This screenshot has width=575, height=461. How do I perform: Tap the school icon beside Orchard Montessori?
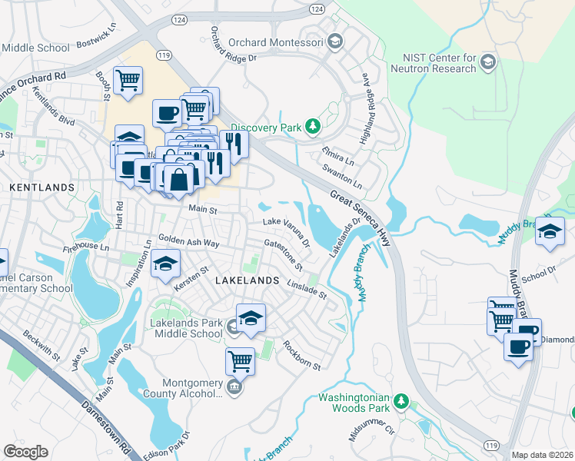point(334,41)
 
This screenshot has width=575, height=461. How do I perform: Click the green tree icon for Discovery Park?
point(312,126)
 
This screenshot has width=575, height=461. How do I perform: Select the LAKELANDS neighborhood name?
point(247,280)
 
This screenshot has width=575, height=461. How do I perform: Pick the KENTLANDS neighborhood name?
point(42,187)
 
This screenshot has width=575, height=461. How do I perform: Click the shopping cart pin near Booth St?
point(128,80)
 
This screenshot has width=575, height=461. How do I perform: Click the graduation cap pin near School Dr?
point(550,231)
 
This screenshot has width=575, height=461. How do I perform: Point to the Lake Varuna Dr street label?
point(286,230)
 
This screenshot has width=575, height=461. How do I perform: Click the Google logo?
point(26,451)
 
